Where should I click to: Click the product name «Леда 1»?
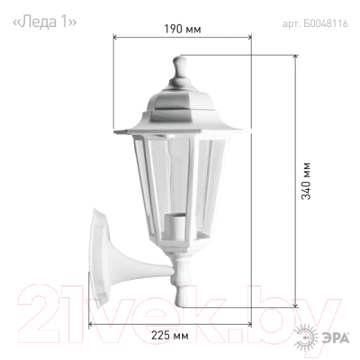(44, 22)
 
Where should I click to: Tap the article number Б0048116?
(326, 23)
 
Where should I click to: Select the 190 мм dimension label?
(183, 29)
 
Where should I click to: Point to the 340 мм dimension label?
(306, 181)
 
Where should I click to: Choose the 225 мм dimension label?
(170, 335)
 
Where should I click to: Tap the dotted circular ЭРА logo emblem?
(306, 338)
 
